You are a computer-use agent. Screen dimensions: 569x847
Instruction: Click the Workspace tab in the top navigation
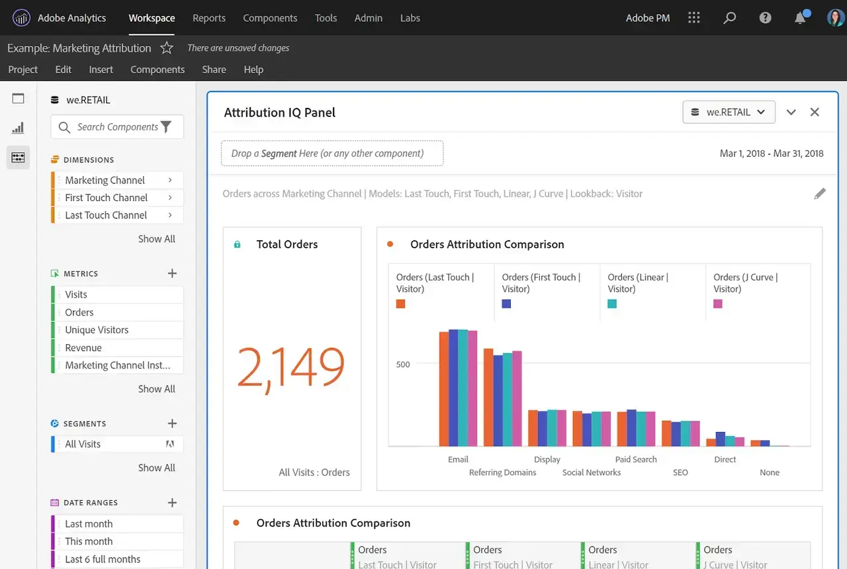coord(152,18)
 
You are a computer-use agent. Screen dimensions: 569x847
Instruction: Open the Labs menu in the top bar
coord(410,18)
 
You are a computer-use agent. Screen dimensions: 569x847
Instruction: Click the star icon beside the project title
coord(167,48)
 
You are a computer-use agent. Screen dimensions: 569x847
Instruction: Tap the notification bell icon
coord(800,18)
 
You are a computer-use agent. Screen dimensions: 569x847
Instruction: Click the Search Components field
coord(117,127)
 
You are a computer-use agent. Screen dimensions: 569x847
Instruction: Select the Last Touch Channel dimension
coord(106,215)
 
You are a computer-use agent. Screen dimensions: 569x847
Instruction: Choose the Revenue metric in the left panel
coord(83,347)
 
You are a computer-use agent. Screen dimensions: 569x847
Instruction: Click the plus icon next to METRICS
coord(172,273)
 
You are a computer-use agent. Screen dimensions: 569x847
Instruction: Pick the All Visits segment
coord(83,444)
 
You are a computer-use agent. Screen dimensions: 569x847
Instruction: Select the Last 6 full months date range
coord(103,559)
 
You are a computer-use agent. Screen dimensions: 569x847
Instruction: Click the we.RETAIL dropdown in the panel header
coord(728,112)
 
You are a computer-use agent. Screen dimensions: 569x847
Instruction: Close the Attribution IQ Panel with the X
coord(815,112)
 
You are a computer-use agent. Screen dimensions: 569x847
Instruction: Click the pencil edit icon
coord(820,194)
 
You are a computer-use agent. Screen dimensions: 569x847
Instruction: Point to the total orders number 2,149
coord(290,367)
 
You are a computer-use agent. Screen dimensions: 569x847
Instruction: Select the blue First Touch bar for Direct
coord(720,438)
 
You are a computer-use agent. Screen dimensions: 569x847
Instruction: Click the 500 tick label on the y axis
coord(403,364)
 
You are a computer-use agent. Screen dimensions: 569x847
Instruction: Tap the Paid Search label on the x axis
coord(636,459)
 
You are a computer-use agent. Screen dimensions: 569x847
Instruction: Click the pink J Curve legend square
coord(718,304)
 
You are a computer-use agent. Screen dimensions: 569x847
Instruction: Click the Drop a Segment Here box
coord(332,153)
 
